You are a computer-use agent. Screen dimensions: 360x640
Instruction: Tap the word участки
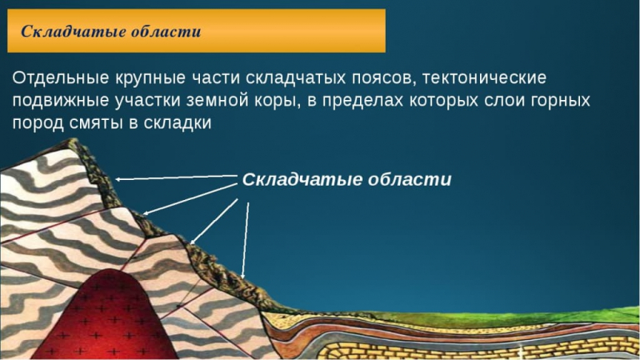155,102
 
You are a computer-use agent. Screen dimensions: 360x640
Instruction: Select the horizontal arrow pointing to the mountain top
176,178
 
